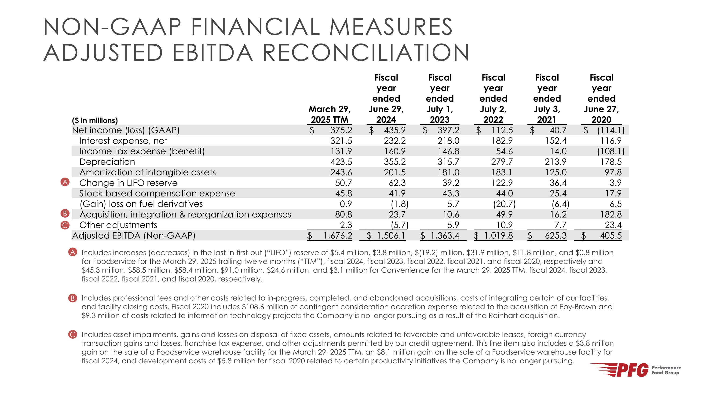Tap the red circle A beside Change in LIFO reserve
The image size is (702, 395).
click(65, 182)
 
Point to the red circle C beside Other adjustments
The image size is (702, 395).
click(65, 225)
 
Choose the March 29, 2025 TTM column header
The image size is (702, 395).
click(329, 114)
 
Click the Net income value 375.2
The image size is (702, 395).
click(341, 130)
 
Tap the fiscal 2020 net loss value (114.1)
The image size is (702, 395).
click(611, 130)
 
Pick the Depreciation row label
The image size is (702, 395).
click(107, 162)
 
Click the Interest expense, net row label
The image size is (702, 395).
click(123, 141)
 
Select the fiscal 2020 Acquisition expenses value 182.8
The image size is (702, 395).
click(611, 214)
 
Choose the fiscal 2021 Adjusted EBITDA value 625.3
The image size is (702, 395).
click(555, 236)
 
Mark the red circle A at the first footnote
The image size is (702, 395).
click(73, 252)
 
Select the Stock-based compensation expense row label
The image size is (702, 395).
click(157, 194)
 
